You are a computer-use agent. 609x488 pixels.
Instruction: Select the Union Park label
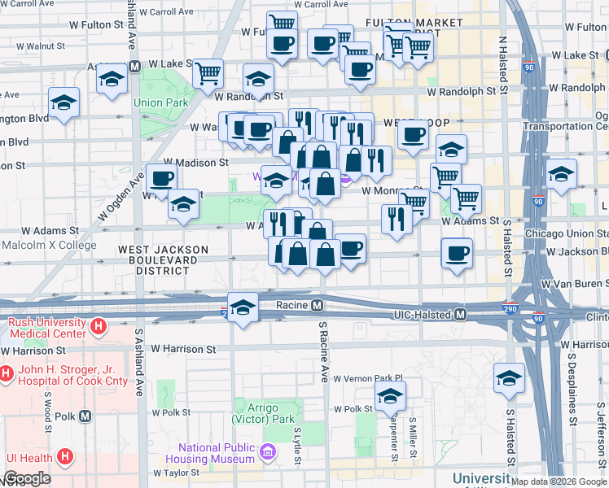pos(161,103)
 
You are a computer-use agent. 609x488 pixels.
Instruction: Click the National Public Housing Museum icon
pos(268,450)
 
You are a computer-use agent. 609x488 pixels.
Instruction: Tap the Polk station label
pos(67,416)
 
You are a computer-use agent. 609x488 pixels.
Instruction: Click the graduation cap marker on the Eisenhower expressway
pos(243,307)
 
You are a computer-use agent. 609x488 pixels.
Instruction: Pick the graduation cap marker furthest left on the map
pos(64,102)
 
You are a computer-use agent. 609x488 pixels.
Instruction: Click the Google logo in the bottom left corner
pos(28,478)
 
